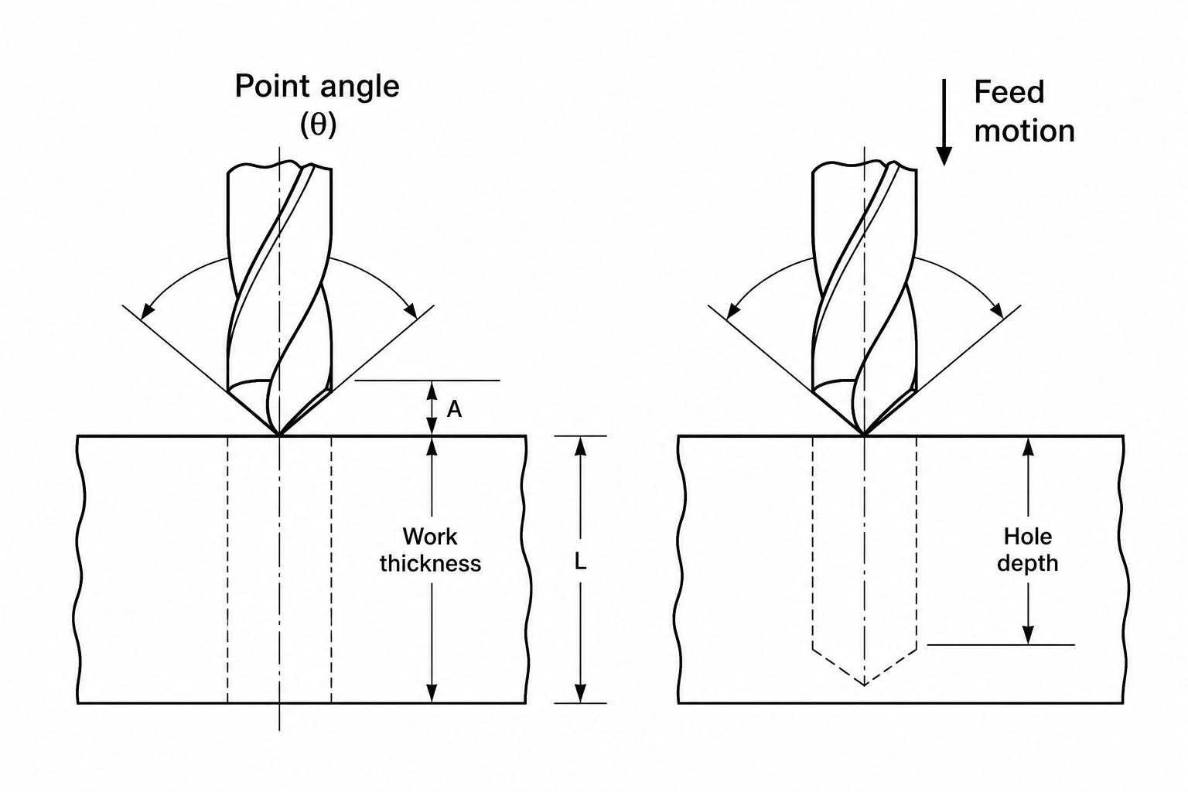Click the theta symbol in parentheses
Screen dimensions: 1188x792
[x=318, y=125]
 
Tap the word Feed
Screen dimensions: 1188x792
[x=1009, y=92]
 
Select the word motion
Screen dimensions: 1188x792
[x=1025, y=131]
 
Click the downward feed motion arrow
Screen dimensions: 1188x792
[x=944, y=122]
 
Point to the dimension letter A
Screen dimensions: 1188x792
[x=454, y=409]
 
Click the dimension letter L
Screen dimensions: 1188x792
[x=580, y=562]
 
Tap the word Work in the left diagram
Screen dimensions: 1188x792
[x=429, y=537]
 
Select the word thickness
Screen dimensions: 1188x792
[x=430, y=563]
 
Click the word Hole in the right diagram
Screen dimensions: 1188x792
[x=1028, y=537]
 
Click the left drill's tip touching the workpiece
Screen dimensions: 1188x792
[x=279, y=435]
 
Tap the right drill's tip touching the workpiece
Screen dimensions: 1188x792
[x=865, y=435]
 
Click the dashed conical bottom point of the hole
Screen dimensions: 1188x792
[x=865, y=684]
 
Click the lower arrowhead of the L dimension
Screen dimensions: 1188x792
[x=581, y=693]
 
